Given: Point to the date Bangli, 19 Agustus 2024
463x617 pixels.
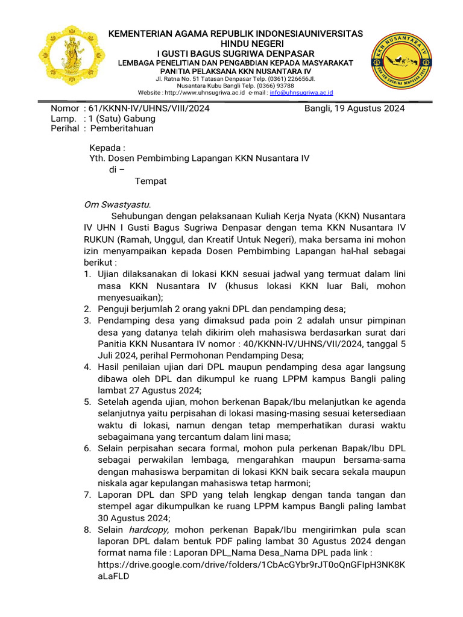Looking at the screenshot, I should [x=354, y=108].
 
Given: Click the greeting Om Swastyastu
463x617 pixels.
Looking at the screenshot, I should [x=117, y=204].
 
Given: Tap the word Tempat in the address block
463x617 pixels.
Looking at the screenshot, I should [x=150, y=181].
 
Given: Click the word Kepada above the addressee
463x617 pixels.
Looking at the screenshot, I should [x=107, y=148].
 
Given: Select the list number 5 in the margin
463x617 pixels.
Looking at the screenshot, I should [x=87, y=401].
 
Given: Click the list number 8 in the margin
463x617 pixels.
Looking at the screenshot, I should [x=87, y=530].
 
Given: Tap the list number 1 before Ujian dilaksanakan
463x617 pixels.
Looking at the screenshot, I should [x=87, y=274].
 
